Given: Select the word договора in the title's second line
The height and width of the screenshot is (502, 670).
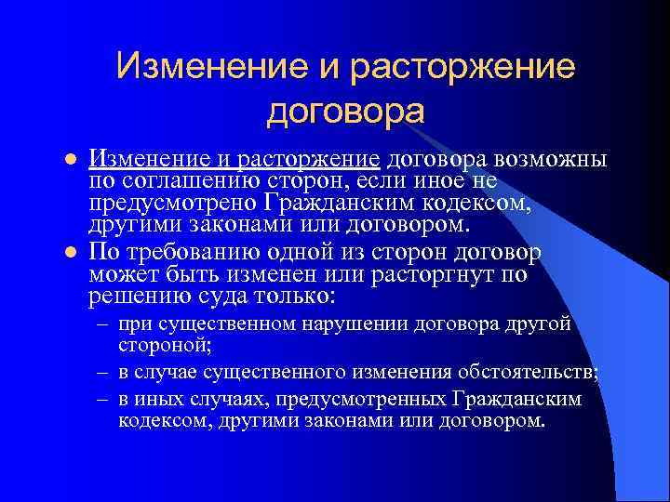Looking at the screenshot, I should point(345,112).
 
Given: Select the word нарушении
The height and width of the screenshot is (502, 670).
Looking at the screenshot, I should point(357,324).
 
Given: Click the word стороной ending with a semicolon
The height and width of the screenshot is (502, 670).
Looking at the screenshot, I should point(166,346).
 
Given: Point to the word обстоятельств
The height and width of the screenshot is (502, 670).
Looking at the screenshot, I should point(527,373).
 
